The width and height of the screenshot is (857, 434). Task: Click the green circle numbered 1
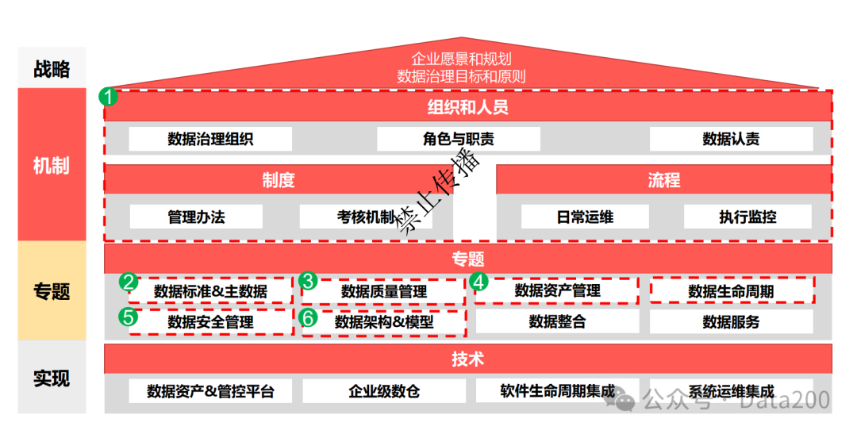[108, 97]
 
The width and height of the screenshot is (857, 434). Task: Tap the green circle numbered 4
[478, 281]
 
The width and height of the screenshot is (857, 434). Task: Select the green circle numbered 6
[309, 317]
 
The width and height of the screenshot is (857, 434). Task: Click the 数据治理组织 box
[210, 139]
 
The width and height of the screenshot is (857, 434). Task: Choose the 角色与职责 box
[458, 139]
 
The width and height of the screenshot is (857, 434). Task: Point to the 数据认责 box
[731, 139]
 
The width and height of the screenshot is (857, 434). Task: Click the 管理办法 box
[196, 217]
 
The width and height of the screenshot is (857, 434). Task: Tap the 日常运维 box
[584, 217]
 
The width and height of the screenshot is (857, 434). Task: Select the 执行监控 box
[747, 217]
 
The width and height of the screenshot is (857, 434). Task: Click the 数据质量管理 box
[384, 291]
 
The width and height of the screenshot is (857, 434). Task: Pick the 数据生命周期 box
[732, 291]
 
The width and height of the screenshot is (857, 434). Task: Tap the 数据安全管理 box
[210, 322]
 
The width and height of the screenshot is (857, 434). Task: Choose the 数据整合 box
[557, 321]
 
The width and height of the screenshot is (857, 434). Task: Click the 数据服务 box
[731, 321]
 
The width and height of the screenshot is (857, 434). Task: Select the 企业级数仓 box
[384, 391]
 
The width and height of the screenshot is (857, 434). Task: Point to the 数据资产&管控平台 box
[210, 391]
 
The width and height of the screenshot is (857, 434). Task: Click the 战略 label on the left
[52, 69]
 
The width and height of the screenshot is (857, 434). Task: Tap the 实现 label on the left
[52, 378]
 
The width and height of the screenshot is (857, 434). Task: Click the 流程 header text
[663, 180]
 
